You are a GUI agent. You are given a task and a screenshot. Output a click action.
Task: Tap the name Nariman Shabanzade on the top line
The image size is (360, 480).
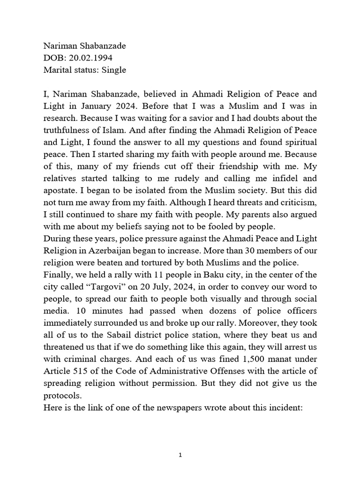84,45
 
